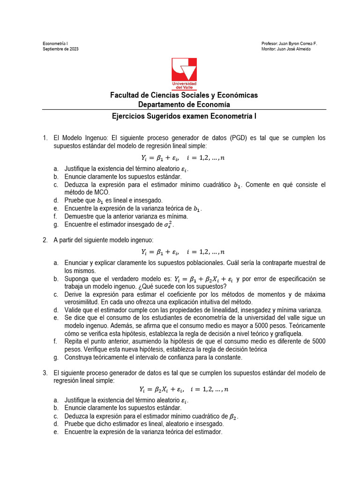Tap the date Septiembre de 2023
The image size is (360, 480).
[x=61, y=49]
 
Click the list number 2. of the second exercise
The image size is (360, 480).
[x=45, y=240]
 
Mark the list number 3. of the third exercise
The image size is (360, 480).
[x=45, y=373]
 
